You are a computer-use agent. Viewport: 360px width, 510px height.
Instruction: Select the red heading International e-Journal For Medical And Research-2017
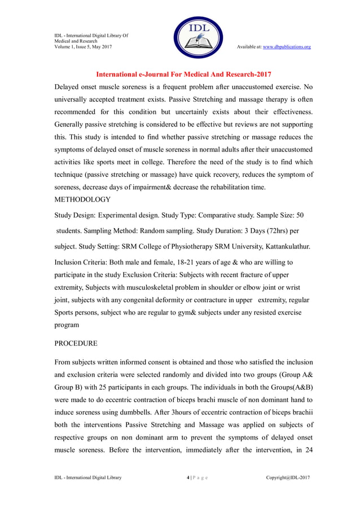pos(183,74)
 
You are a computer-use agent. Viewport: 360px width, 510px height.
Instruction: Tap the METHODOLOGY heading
pos(82,199)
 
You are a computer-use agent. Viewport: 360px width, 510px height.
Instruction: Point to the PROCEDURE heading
pos(76,343)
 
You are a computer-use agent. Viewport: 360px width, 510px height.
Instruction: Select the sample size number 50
pos(300,215)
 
